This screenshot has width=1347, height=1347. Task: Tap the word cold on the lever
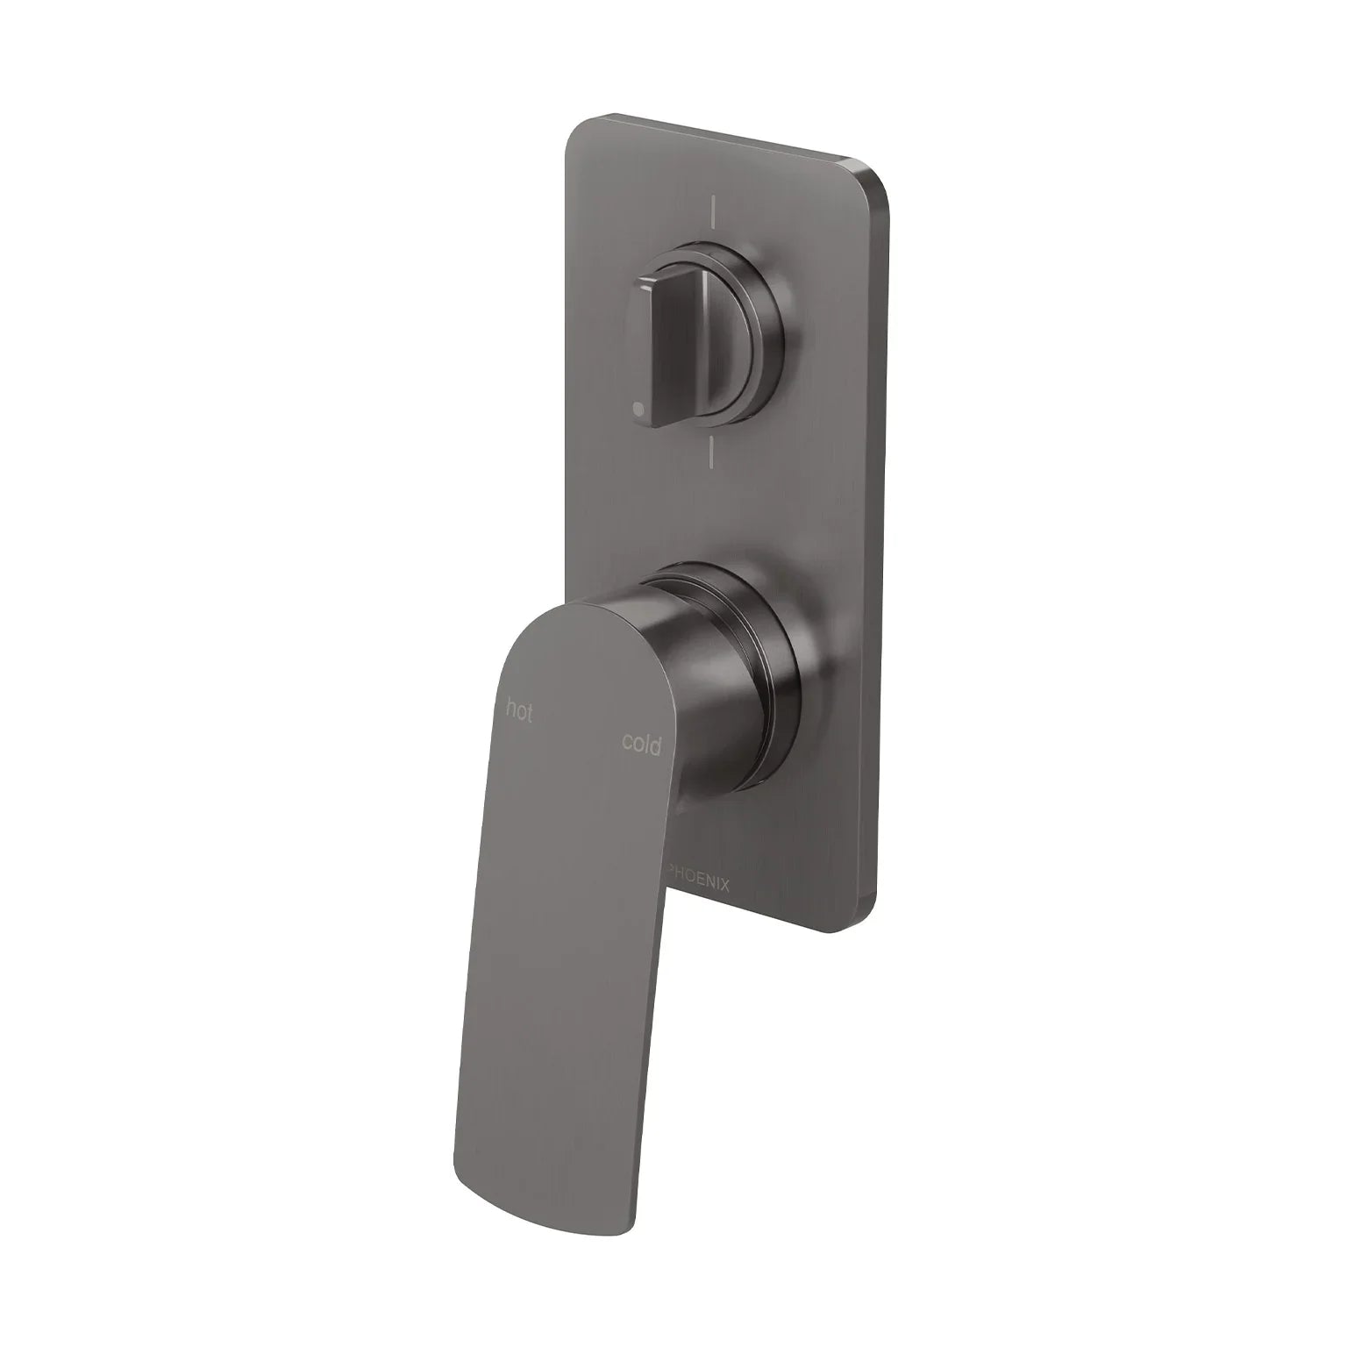[x=641, y=744]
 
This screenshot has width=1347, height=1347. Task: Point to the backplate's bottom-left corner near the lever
[x=680, y=921]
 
